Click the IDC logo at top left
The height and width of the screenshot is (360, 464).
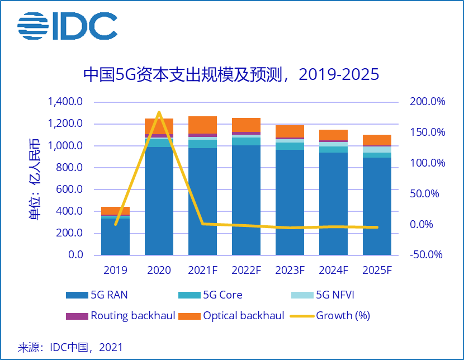[67, 26]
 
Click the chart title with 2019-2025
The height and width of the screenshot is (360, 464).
[231, 74]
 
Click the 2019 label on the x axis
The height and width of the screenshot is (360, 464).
[115, 271]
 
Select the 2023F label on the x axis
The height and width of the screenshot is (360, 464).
[290, 271]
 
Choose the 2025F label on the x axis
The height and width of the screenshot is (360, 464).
[377, 271]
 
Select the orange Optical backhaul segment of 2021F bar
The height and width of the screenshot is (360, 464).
[202, 125]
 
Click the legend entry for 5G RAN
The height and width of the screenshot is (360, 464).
[101, 295]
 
